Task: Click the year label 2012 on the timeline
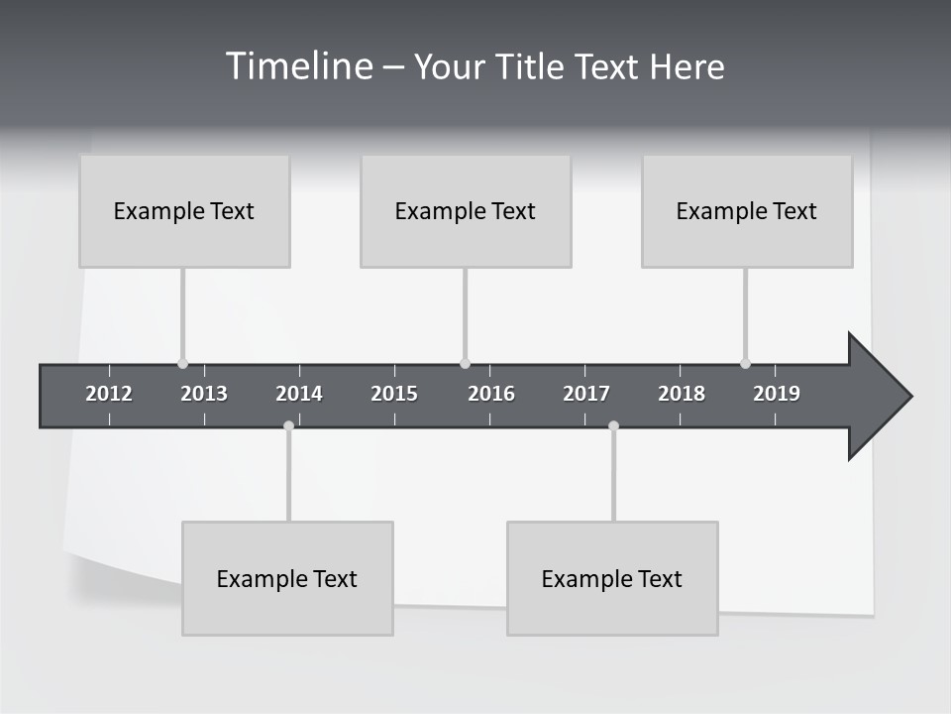pyautogui.click(x=109, y=394)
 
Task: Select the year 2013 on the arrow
pyautogui.click(x=204, y=394)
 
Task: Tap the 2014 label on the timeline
pyautogui.click(x=299, y=394)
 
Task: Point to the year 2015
pyautogui.click(x=394, y=394)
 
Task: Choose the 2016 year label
pyautogui.click(x=491, y=394)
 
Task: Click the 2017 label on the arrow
pyautogui.click(x=586, y=394)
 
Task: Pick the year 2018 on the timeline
pyautogui.click(x=682, y=394)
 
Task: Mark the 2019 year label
pyautogui.click(x=777, y=394)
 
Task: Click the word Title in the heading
pyautogui.click(x=531, y=66)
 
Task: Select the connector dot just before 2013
pyautogui.click(x=182, y=363)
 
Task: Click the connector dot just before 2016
pyautogui.click(x=465, y=363)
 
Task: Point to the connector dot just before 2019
pyautogui.click(x=745, y=363)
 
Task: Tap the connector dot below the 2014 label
pyautogui.click(x=288, y=426)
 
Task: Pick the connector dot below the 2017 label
pyautogui.click(x=613, y=426)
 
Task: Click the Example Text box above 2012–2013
pyautogui.click(x=184, y=211)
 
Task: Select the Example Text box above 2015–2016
pyautogui.click(x=466, y=211)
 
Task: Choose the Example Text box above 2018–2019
pyautogui.click(x=747, y=211)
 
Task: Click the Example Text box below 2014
pyautogui.click(x=287, y=578)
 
